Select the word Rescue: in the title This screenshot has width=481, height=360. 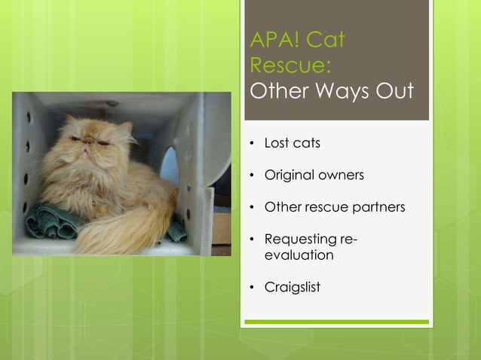289,66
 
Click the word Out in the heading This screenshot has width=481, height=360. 395,91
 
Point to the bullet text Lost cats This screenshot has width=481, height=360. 292,143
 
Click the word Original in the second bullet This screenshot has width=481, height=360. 288,175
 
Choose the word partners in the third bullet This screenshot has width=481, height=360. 379,207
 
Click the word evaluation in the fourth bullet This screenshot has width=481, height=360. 299,255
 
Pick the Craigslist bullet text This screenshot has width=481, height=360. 292,288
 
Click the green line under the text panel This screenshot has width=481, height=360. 336,322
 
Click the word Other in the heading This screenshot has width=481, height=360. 277,91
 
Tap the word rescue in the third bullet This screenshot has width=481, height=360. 324,207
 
